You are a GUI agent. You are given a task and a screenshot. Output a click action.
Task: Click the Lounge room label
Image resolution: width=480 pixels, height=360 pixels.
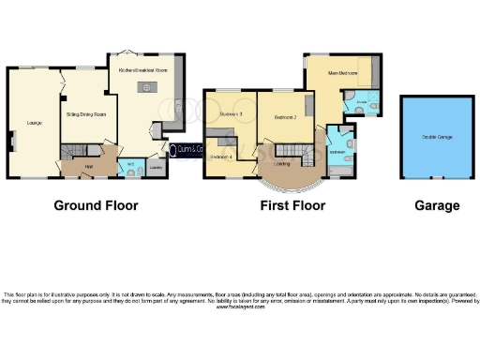pyautogui.click(x=33, y=123)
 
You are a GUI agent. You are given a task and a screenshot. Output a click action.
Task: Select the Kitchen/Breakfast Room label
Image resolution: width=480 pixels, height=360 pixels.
pyautogui.click(x=143, y=70)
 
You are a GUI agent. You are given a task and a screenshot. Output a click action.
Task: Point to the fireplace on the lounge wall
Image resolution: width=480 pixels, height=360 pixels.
pyautogui.click(x=12, y=141)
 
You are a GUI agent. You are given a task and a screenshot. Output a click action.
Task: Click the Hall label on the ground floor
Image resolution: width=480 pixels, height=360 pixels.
pyautogui.click(x=88, y=166)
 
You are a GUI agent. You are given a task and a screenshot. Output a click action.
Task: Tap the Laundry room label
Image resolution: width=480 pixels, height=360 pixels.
pyautogui.click(x=156, y=169)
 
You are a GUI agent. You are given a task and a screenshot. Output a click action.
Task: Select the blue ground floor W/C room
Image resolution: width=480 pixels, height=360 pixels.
pyautogui.click(x=132, y=168)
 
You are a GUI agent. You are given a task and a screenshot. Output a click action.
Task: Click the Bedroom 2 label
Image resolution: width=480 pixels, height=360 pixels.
pyautogui.click(x=285, y=118)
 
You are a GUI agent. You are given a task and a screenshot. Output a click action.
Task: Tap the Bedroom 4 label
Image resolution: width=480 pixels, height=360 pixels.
pyautogui.click(x=222, y=157)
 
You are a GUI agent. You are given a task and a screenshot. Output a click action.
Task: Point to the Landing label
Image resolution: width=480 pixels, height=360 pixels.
pyautogui.click(x=280, y=163)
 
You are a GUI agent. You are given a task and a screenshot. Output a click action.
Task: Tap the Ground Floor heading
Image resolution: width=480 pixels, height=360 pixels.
pyautogui.click(x=96, y=205)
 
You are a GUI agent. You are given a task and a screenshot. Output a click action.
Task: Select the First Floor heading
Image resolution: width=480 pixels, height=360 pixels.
pyautogui.click(x=292, y=205)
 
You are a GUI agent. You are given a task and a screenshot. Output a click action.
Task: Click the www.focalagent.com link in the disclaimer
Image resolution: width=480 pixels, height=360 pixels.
pyautogui.click(x=240, y=307)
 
